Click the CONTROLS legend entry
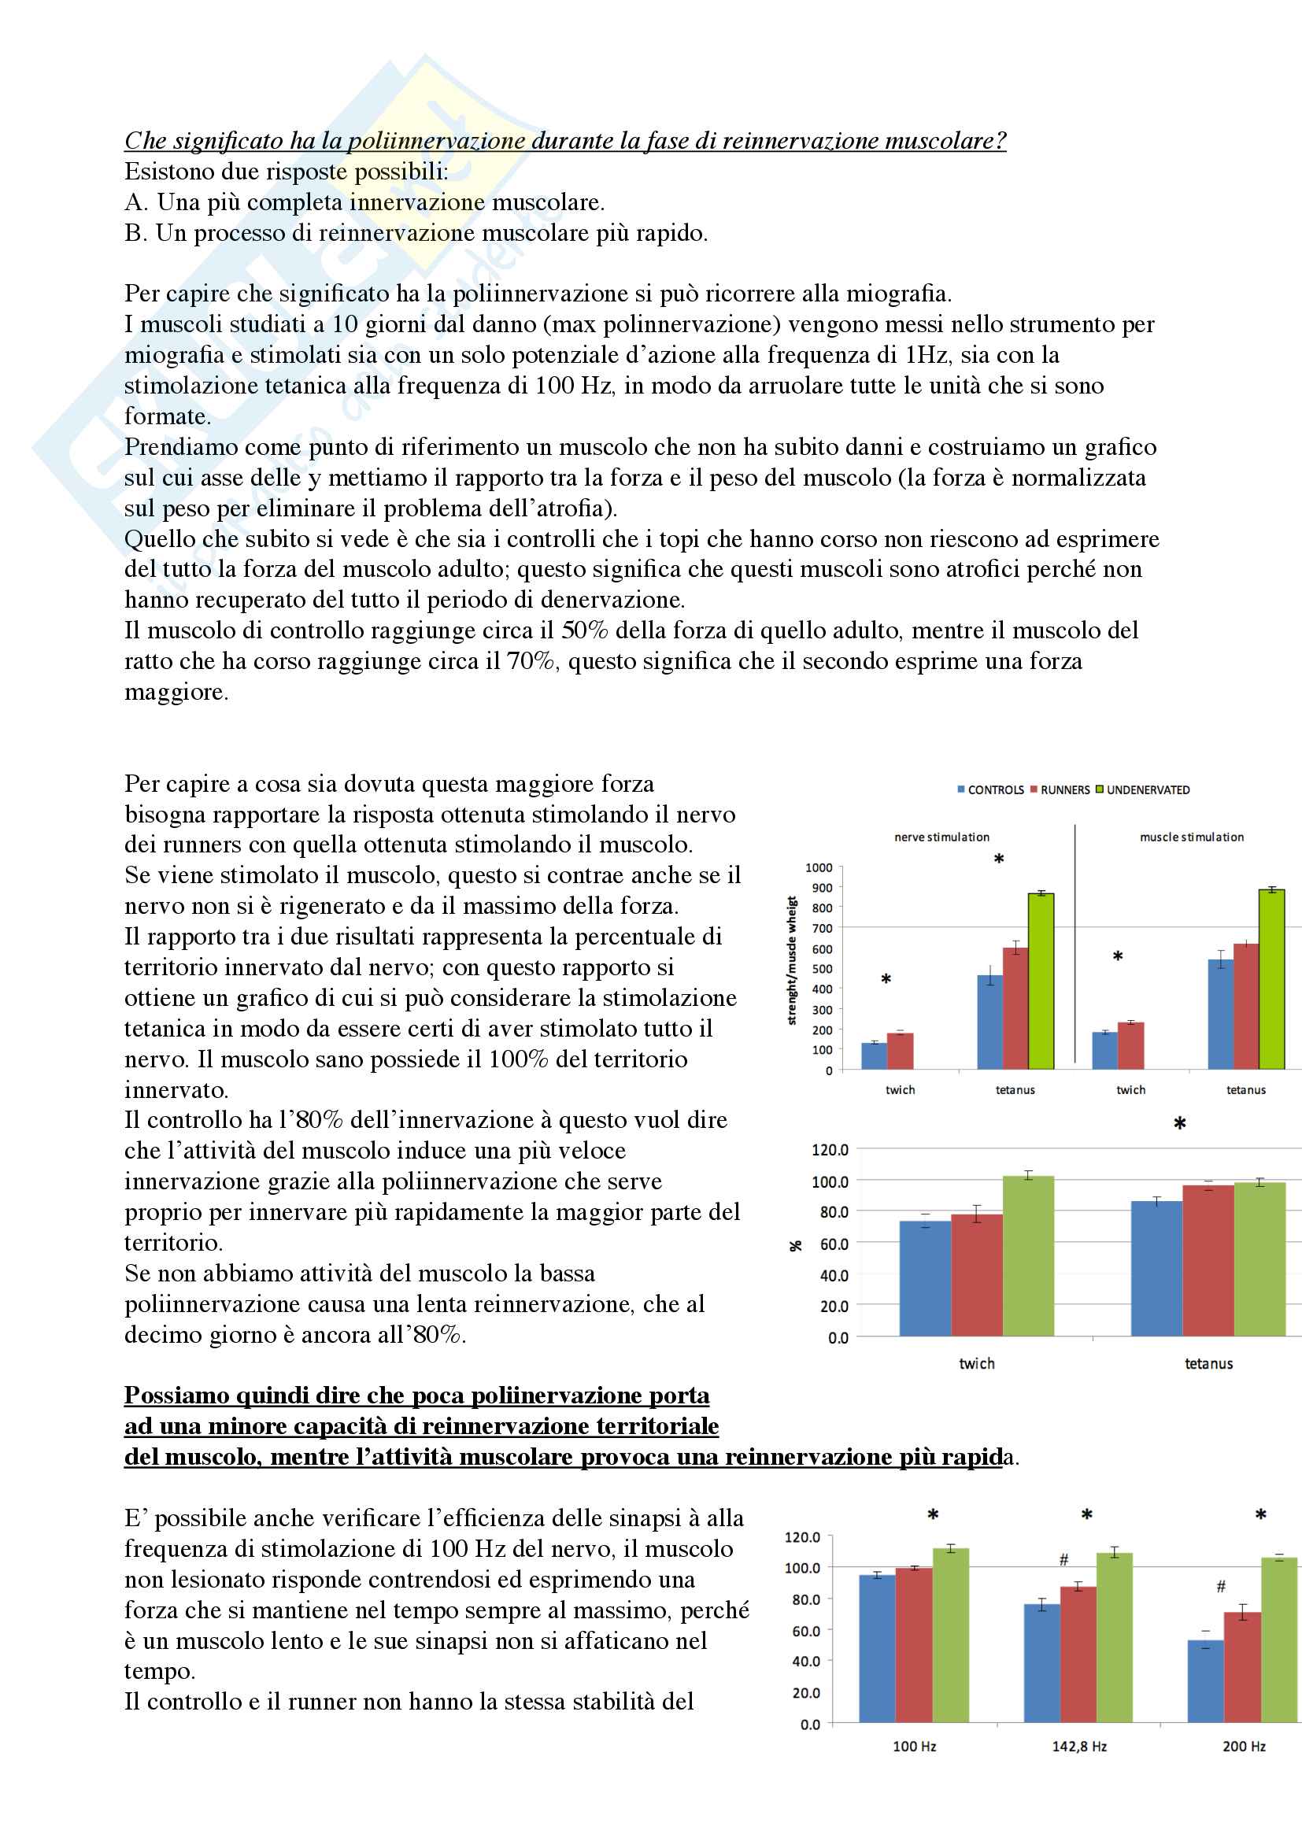pyautogui.click(x=995, y=789)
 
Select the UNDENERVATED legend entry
pyautogui.click(x=1147, y=789)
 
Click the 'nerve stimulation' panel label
pyautogui.click(x=941, y=837)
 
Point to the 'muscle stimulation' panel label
pyautogui.click(x=1191, y=837)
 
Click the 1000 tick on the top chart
pyautogui.click(x=819, y=867)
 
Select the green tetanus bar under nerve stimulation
pyautogui.click(x=1041, y=981)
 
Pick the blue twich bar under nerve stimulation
pyautogui.click(x=874, y=1056)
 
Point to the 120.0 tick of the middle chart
pyautogui.click(x=830, y=1150)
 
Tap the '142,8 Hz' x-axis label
pyautogui.click(x=1079, y=1747)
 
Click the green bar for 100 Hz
pyautogui.click(x=950, y=1636)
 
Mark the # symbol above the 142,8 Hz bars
pyautogui.click(x=1064, y=1559)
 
